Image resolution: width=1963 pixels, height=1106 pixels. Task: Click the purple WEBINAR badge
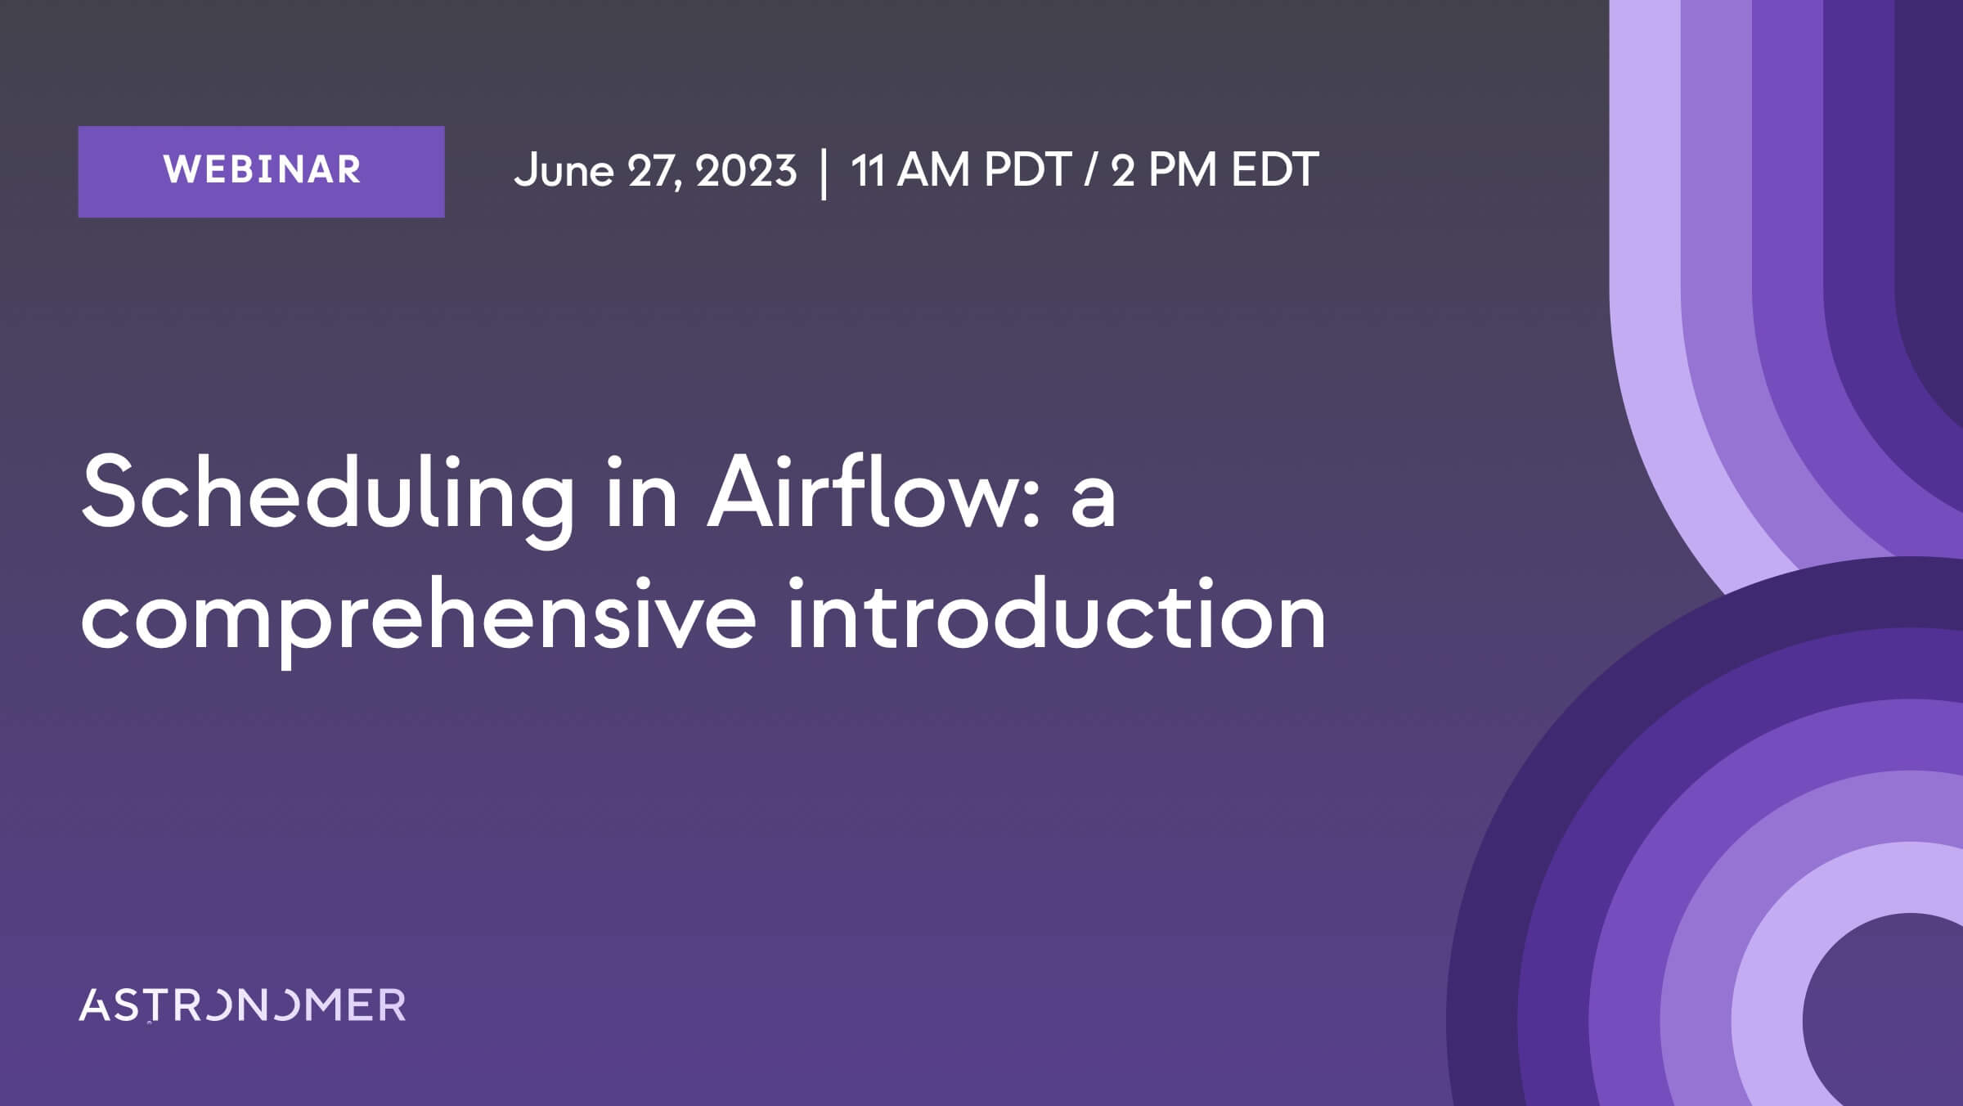(x=261, y=172)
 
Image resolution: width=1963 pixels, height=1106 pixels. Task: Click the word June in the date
(x=564, y=171)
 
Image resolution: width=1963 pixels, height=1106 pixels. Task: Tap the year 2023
(x=745, y=171)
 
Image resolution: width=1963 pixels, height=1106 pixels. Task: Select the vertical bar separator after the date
(x=824, y=173)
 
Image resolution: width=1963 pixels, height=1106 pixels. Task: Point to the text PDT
(x=1027, y=170)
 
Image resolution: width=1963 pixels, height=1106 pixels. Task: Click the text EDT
(x=1275, y=170)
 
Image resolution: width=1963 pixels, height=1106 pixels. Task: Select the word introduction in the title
(x=1056, y=613)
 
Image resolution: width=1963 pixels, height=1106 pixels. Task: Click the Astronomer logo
(x=242, y=1005)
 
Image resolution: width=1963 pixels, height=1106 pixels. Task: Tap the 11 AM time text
(x=910, y=170)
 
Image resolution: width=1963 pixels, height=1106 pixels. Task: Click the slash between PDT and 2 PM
(x=1090, y=171)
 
